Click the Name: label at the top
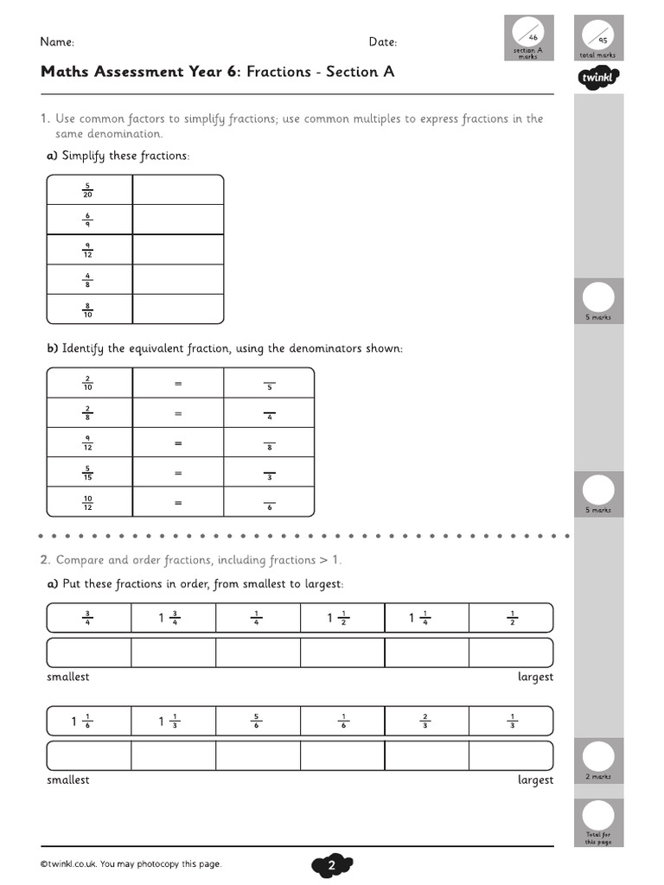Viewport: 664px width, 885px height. (57, 41)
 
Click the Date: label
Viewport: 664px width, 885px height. (382, 41)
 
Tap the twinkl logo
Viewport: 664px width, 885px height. (598, 80)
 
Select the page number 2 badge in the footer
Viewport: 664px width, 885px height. (331, 865)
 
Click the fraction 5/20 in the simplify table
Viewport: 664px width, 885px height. (88, 190)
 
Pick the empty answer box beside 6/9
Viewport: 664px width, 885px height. (177, 220)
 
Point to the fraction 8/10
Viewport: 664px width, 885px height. (88, 309)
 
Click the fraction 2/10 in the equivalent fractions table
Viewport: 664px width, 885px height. (88, 383)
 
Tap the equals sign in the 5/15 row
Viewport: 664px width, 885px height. (178, 473)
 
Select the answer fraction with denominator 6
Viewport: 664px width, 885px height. (269, 503)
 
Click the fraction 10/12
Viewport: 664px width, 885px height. (88, 502)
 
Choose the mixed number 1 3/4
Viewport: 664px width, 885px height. (169, 617)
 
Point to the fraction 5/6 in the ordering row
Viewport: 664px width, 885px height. (258, 721)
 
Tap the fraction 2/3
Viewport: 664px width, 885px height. (426, 721)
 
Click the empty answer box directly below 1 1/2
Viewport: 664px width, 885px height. (342, 653)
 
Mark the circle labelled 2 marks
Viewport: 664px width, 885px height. (598, 757)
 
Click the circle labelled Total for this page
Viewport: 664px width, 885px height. (598, 815)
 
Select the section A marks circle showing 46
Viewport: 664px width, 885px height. (527, 35)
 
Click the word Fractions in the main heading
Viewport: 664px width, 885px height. (278, 72)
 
